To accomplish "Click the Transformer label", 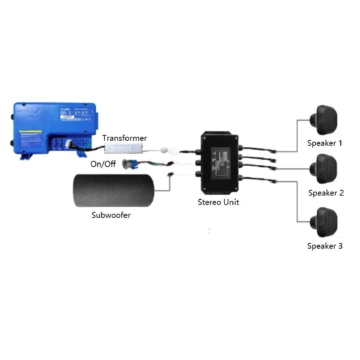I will [x=125, y=137].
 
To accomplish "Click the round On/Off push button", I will [x=131, y=164].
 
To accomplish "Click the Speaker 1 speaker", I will [x=325, y=119].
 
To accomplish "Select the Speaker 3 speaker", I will [x=325, y=222].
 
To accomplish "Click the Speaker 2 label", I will [x=326, y=193].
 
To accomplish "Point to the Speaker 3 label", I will [x=325, y=246].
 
